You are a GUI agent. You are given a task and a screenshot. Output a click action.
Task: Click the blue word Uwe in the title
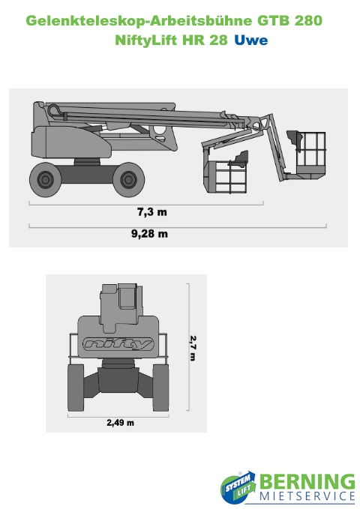tap(250, 40)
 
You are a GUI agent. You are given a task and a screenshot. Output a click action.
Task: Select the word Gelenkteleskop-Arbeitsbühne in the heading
tap(139, 21)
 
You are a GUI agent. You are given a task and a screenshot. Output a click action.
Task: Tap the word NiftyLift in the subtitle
tap(146, 40)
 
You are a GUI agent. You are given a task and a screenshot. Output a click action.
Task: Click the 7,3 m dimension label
tap(151, 212)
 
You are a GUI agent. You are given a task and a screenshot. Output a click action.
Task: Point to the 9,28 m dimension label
tap(149, 234)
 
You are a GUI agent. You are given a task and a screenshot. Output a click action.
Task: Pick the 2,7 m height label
tap(193, 348)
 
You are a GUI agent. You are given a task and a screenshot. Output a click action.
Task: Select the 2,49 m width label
tap(120, 423)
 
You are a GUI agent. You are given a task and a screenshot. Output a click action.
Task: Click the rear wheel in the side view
tap(46, 179)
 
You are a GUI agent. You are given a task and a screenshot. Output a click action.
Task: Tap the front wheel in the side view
tap(129, 179)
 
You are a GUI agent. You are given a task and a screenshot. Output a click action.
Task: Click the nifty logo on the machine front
tap(118, 344)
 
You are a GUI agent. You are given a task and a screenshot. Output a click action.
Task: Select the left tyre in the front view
tap(76, 388)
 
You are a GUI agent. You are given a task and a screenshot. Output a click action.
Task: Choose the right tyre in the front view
tap(160, 388)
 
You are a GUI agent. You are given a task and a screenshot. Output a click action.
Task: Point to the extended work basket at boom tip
tap(307, 154)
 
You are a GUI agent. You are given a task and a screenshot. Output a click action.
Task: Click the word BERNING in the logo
tap(307, 482)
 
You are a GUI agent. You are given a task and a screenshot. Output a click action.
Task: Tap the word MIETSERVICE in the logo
tap(307, 496)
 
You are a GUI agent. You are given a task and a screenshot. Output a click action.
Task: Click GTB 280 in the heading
tap(289, 21)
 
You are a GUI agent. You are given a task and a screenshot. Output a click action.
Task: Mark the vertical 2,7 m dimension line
tap(188, 347)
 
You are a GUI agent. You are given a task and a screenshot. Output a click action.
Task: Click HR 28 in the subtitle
tap(205, 40)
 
